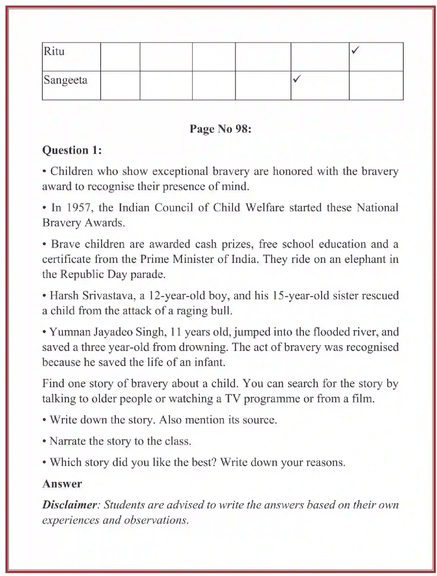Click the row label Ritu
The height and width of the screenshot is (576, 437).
point(54,51)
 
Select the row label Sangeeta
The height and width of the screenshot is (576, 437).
point(65,80)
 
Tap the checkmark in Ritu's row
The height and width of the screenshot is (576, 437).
point(355,50)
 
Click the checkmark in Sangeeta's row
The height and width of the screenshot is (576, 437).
point(297,79)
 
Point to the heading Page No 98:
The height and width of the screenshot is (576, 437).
point(220,129)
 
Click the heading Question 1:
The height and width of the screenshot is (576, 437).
point(72,150)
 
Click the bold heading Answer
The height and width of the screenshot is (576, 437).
point(62,484)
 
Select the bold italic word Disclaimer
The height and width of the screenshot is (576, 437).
point(70,505)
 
